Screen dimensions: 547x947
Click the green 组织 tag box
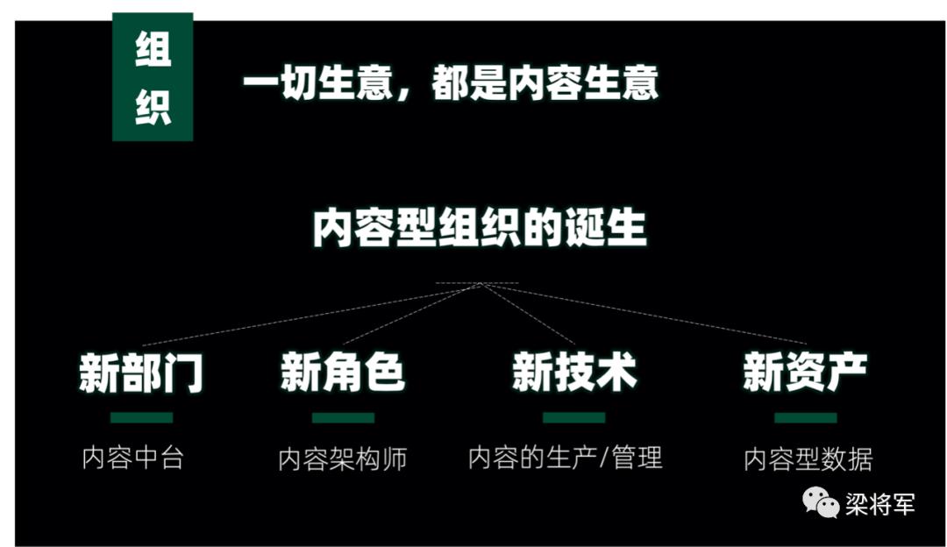pos(153,77)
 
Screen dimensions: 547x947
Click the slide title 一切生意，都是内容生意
pos(450,85)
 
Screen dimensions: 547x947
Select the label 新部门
pos(141,373)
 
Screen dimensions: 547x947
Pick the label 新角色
pos(343,373)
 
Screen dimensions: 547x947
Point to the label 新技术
pos(574,373)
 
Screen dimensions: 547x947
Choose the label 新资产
pos(805,373)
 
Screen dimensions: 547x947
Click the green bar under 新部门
pos(141,417)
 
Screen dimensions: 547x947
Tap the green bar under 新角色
pos(343,417)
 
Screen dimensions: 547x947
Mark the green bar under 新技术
pos(574,417)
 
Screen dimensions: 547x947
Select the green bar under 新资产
pos(805,417)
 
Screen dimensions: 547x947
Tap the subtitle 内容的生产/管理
pos(565,457)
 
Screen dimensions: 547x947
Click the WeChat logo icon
pos(822,502)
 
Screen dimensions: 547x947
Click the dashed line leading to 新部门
pos(307,315)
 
